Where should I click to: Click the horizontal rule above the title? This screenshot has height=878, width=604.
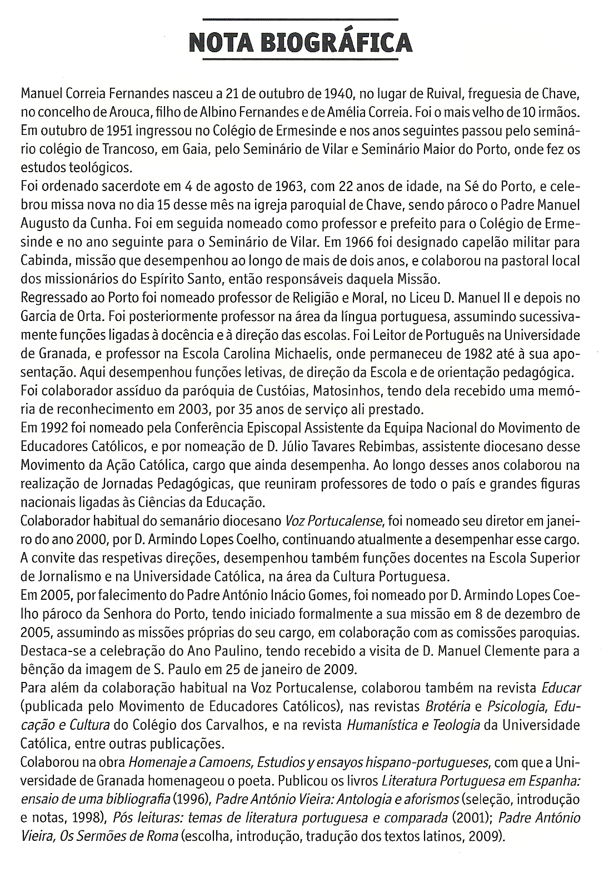(302, 20)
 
